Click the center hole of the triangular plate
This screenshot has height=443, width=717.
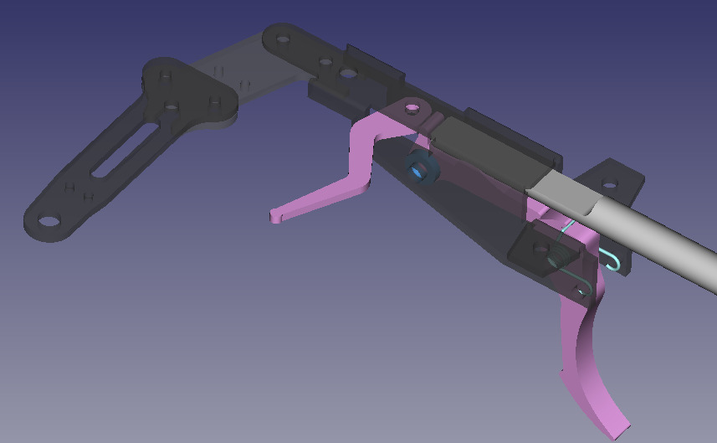click(172, 106)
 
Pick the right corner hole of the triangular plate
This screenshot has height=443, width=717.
click(216, 102)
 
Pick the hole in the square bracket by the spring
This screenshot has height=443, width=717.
click(533, 247)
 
